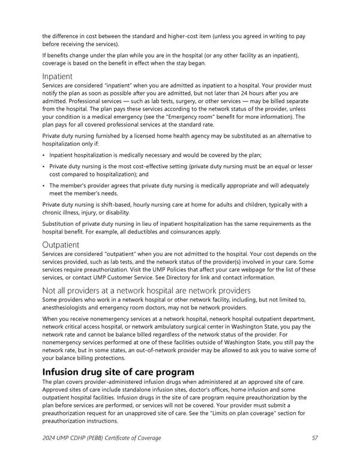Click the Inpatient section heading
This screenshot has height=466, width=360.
[x=58, y=76]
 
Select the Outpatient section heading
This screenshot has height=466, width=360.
[x=61, y=244]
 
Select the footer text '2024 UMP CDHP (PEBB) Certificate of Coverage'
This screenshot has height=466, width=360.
[x=101, y=438]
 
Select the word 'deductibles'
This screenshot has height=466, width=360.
[x=154, y=232]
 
